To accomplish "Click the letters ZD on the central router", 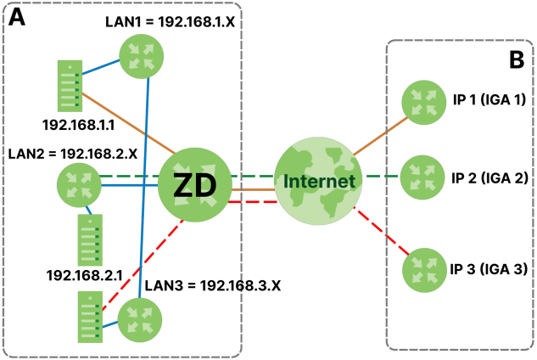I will pyautogui.click(x=194, y=186).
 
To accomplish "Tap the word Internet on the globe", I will pyautogui.click(x=318, y=182).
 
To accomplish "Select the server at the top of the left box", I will pyautogui.click(x=70, y=86).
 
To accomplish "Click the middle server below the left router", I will pyautogui.click(x=90, y=240).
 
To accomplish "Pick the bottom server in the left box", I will pyautogui.click(x=90, y=316).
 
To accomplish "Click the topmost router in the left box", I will pyautogui.click(x=141, y=56).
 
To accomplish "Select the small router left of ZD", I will pyautogui.click(x=79, y=184).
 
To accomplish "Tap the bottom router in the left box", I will pyautogui.click(x=139, y=320).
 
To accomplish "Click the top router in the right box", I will pyautogui.click(x=423, y=102).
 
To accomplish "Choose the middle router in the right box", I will pyautogui.click(x=422, y=177).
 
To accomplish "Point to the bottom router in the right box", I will pyautogui.click(x=424, y=270).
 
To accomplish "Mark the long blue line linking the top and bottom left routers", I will pyautogui.click(x=144, y=187).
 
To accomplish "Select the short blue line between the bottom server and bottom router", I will pyautogui.click(x=109, y=324).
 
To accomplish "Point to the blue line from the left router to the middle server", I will pyautogui.click(x=88, y=209).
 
